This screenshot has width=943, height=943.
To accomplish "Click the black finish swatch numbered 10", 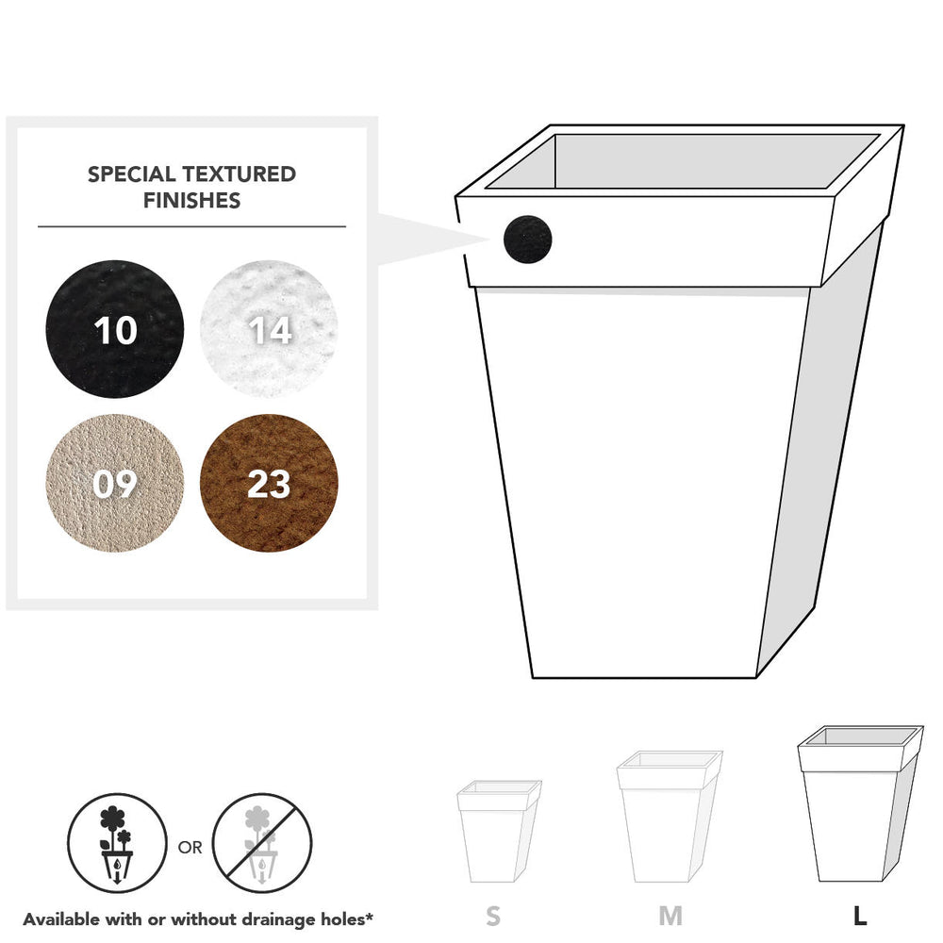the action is point(114,329).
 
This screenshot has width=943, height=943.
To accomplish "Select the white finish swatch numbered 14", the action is point(269,329).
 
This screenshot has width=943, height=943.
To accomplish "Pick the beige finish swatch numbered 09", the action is point(114,483).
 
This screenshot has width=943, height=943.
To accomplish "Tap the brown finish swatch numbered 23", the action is point(269,483).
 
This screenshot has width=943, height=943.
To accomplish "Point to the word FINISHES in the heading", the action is point(191,200).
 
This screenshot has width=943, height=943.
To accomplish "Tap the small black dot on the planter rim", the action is point(527,240).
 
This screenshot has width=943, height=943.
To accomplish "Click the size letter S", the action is point(493,916).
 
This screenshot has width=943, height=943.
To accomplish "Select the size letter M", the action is point(670,916).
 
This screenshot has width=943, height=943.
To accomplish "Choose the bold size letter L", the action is point(860,916).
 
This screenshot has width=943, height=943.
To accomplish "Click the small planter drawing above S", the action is point(499,831).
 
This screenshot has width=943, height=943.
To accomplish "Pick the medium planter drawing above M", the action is point(670,816).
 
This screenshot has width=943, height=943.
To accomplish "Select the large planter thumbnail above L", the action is point(860,803).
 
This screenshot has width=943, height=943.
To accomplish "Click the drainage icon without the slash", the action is point(117,842).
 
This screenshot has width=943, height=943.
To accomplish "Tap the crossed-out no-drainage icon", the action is point(262,842).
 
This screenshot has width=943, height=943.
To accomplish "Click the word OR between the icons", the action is point(190,848).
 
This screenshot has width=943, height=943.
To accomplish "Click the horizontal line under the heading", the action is point(191,226).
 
